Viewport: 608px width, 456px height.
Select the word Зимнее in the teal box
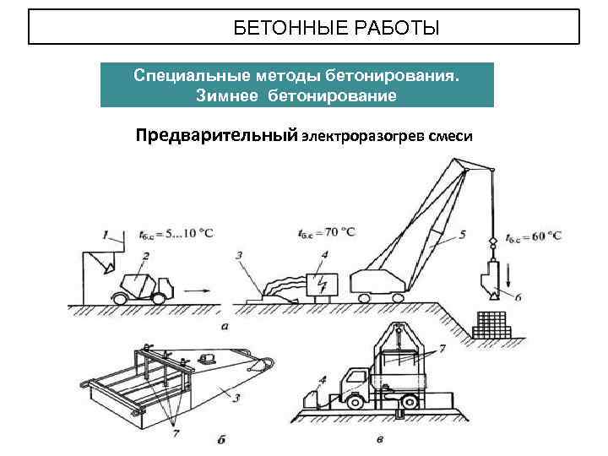point(228,95)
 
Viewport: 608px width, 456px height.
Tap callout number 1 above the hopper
point(106,234)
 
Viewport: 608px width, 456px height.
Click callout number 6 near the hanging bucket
point(518,296)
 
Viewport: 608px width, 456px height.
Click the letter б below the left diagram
point(220,439)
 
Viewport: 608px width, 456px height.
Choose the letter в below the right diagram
point(381,440)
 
